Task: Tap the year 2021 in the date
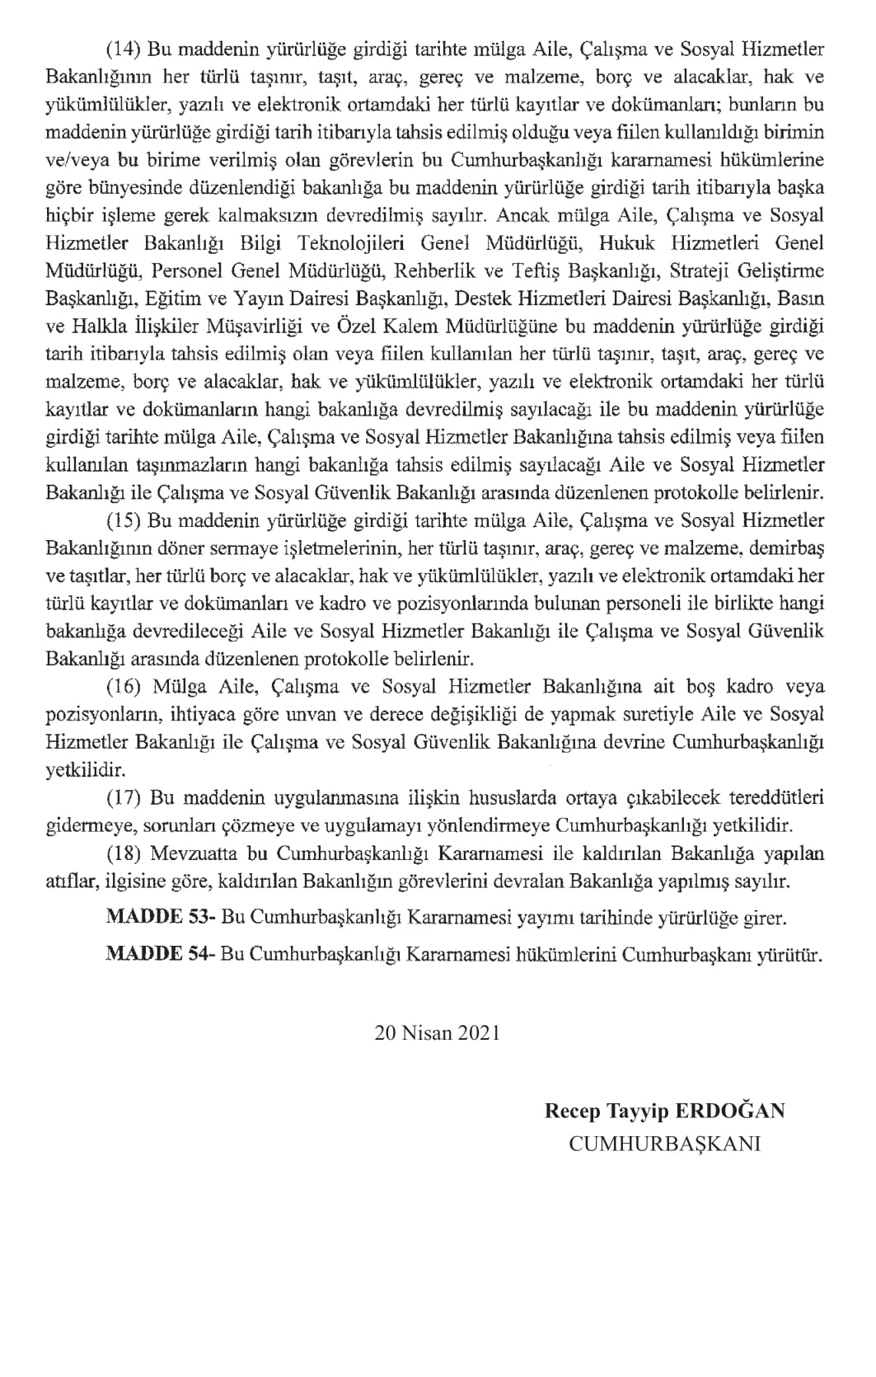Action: click(476, 1032)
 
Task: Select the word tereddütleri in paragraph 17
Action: click(774, 798)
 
